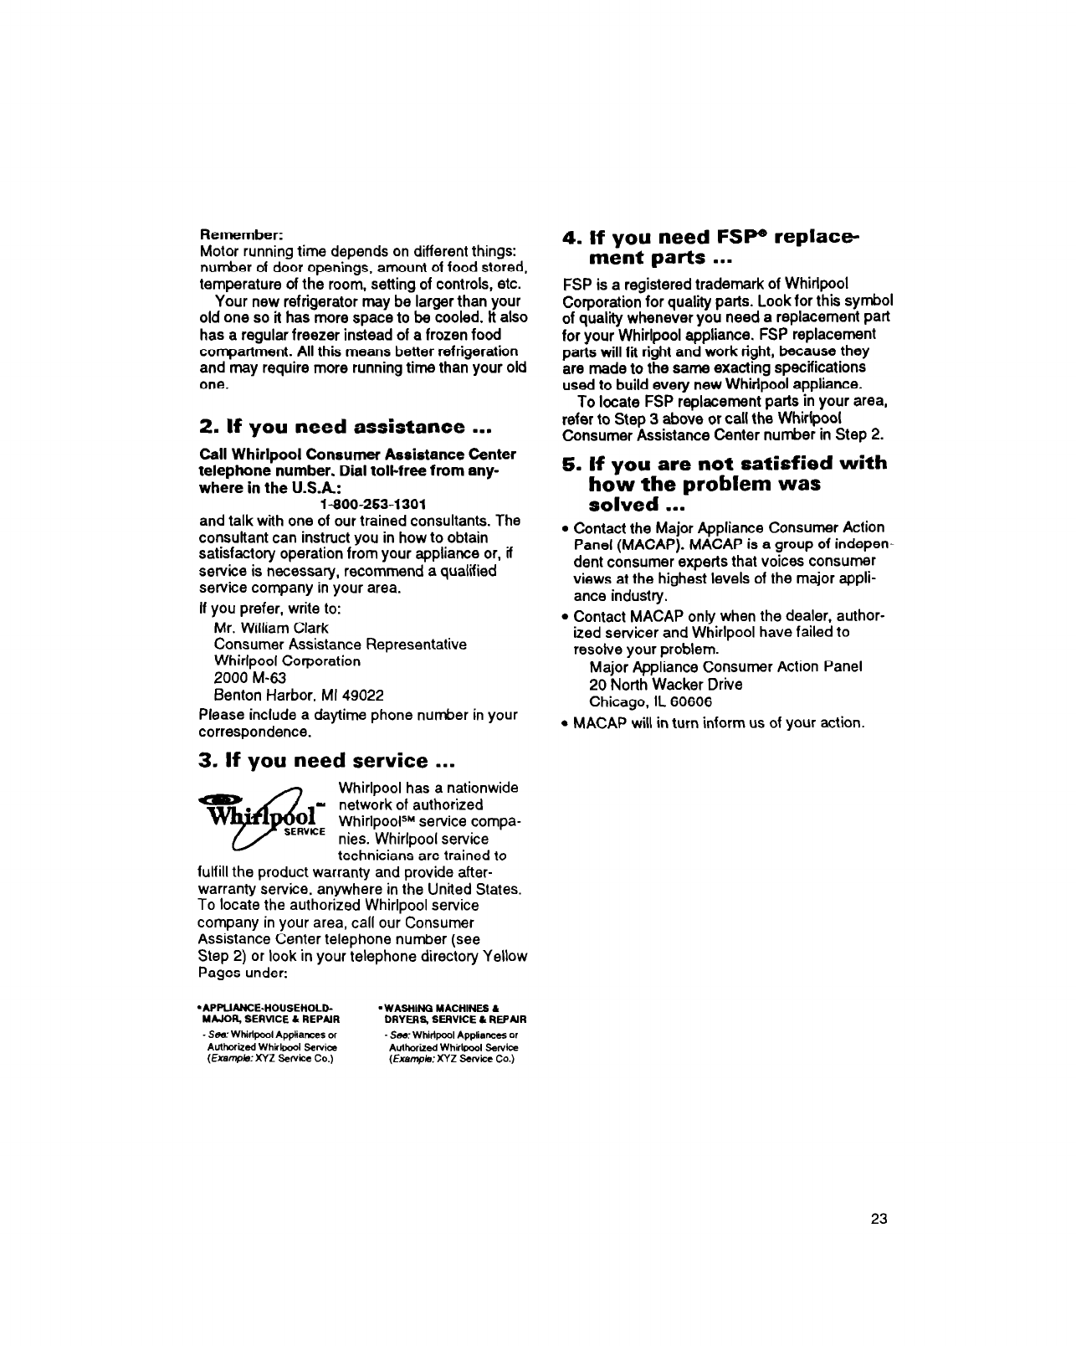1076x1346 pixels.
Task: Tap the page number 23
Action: click(x=878, y=1219)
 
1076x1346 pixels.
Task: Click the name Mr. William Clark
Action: click(x=271, y=628)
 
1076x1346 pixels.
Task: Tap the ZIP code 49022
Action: click(x=366, y=696)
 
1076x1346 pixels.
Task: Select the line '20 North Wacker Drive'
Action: click(x=665, y=684)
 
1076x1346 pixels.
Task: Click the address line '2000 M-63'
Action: click(x=239, y=678)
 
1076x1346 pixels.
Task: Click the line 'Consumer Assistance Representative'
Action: click(x=340, y=645)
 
